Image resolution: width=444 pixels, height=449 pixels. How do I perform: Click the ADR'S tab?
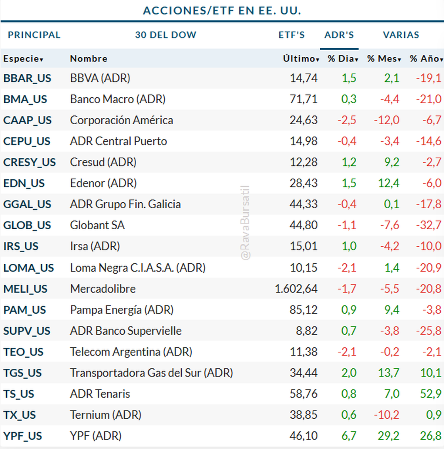(x=339, y=35)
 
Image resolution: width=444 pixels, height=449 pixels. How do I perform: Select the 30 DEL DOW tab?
(x=165, y=35)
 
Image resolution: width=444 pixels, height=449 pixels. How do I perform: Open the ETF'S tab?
(x=292, y=35)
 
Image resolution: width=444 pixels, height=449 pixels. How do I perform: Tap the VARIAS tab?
(x=401, y=35)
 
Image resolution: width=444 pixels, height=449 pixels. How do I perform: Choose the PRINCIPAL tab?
(x=34, y=35)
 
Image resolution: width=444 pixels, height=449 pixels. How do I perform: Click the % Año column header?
(x=426, y=58)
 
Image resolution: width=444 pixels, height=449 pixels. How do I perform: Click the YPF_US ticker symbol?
(x=23, y=436)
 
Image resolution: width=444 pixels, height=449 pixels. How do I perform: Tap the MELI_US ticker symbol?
(x=25, y=289)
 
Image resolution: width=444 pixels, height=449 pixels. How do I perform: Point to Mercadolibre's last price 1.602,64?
(x=296, y=289)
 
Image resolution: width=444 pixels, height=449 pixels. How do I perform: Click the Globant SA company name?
(x=97, y=225)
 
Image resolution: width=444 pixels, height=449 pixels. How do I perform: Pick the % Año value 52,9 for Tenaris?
(x=431, y=394)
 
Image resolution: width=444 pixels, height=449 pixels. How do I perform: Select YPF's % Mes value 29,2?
(x=388, y=436)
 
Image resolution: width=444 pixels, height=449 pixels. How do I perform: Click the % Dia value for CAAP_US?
(x=347, y=120)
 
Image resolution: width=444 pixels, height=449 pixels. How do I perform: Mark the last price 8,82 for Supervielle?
(x=306, y=331)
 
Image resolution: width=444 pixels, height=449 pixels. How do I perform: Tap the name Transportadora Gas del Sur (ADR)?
(x=151, y=373)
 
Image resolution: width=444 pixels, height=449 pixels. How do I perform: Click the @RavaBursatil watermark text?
(x=245, y=223)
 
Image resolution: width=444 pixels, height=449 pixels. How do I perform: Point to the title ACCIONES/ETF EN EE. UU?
(x=222, y=10)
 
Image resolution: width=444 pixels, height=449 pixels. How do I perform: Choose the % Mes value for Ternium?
(x=386, y=415)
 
